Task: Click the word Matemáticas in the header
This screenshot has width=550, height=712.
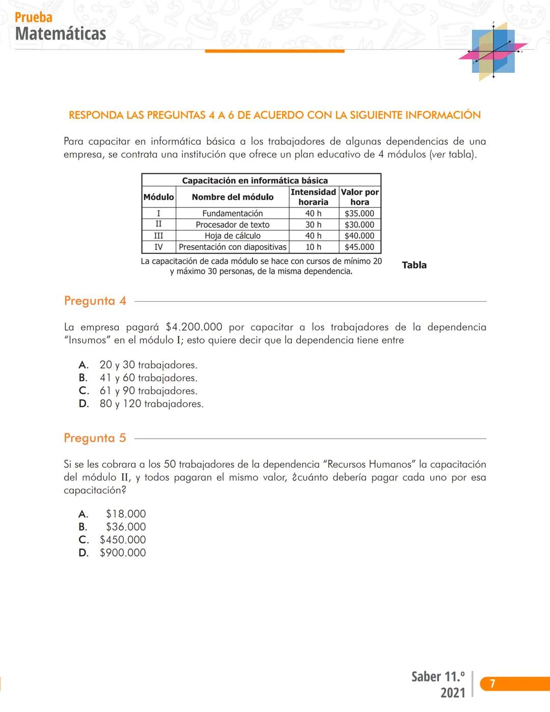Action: pyautogui.click(x=61, y=34)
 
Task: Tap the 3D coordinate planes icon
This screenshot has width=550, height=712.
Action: pyautogui.click(x=493, y=51)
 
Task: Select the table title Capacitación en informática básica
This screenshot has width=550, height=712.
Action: pyautogui.click(x=255, y=180)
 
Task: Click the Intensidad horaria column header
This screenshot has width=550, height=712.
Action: pyautogui.click(x=313, y=197)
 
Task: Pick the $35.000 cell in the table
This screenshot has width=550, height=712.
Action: pyautogui.click(x=359, y=214)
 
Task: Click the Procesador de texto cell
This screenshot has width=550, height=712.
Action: pyautogui.click(x=233, y=225)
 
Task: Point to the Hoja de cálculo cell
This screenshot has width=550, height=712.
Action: pyautogui.click(x=233, y=236)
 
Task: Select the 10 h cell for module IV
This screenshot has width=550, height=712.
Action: pyautogui.click(x=313, y=247)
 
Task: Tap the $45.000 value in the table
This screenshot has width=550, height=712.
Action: pyautogui.click(x=359, y=247)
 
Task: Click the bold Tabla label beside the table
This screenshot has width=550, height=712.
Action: pyautogui.click(x=414, y=265)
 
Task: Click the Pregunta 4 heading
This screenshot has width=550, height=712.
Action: pyautogui.click(x=95, y=301)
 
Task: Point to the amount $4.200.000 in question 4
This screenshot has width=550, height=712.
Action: pyautogui.click(x=194, y=327)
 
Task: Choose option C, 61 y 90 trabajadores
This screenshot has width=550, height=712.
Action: pyautogui.click(x=148, y=391)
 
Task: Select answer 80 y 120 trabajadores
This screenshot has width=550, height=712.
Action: pyautogui.click(x=151, y=404)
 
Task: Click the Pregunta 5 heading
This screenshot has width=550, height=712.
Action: pyautogui.click(x=95, y=438)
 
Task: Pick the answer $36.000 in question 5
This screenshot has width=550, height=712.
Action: pyautogui.click(x=126, y=527)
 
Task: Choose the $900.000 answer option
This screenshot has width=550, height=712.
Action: pyautogui.click(x=123, y=552)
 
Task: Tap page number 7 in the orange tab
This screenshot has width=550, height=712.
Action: pyautogui.click(x=492, y=683)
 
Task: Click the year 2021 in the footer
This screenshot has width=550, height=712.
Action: pyautogui.click(x=453, y=693)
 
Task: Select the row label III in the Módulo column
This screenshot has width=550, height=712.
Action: pyautogui.click(x=158, y=236)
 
